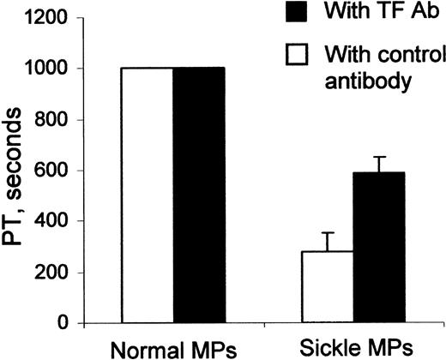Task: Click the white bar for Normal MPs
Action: pyautogui.click(x=147, y=195)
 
